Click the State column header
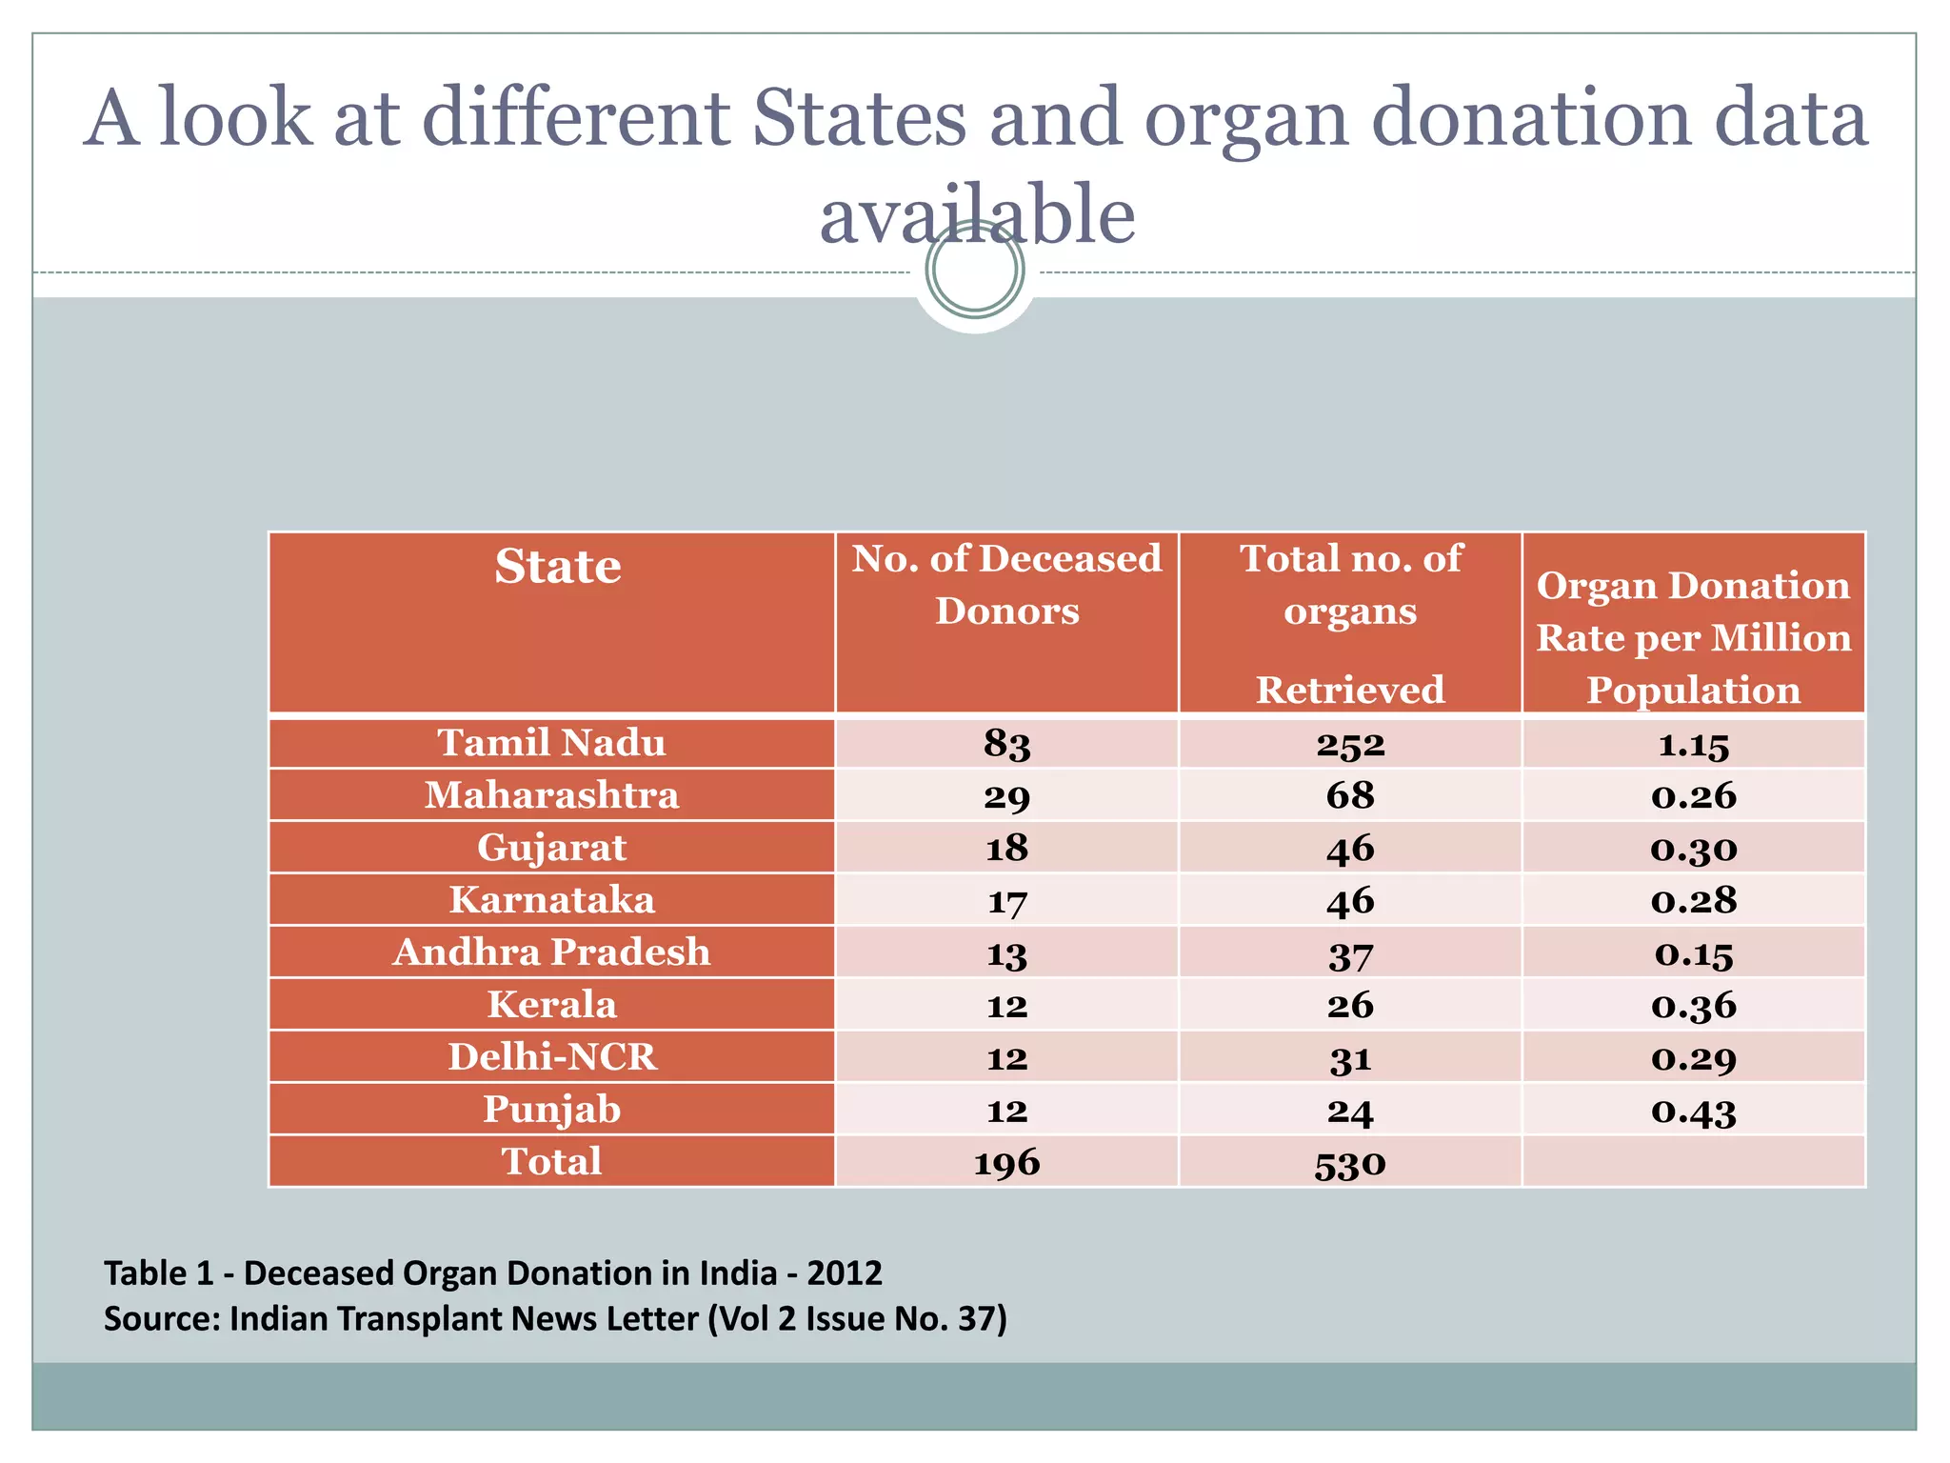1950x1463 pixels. click(x=557, y=567)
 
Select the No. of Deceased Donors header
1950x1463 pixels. click(x=1006, y=584)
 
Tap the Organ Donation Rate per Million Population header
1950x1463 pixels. click(x=1693, y=636)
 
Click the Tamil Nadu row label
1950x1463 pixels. click(x=551, y=743)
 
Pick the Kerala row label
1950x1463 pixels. click(x=551, y=1005)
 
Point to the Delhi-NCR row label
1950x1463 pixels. click(x=551, y=1057)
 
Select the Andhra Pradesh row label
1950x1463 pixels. click(x=551, y=952)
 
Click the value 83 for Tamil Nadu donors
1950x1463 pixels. click(x=1006, y=744)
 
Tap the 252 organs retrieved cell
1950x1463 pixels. click(x=1349, y=744)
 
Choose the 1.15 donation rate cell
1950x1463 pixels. click(x=1693, y=744)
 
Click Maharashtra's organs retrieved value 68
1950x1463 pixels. click(x=1349, y=796)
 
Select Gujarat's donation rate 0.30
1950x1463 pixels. click(x=1693, y=849)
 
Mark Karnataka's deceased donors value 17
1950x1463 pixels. click(x=1006, y=901)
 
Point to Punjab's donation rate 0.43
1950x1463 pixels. click(x=1693, y=1111)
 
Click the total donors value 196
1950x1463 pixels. click(x=1006, y=1163)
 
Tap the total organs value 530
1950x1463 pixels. click(x=1349, y=1163)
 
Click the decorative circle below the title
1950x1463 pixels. click(x=975, y=270)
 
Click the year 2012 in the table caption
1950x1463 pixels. click(x=844, y=1273)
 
